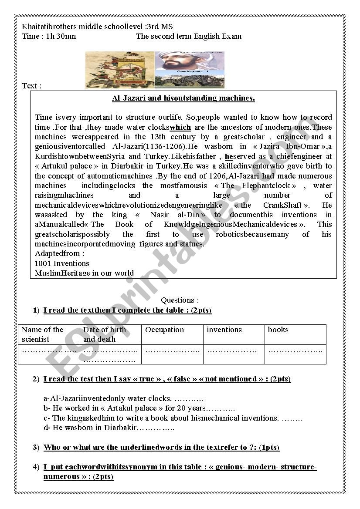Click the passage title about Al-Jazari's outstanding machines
[x=183, y=98]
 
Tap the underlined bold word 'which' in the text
[x=180, y=127]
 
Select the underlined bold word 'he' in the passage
[x=229, y=156]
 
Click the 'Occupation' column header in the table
[x=165, y=330]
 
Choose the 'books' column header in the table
[x=278, y=330]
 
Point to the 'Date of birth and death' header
[x=104, y=334]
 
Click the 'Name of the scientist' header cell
[x=43, y=334]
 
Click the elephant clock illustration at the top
[x=120, y=70]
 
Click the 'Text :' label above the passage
[x=32, y=86]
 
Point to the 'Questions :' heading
[x=180, y=300]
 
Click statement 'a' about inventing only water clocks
[x=123, y=398]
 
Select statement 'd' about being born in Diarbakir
[x=109, y=428]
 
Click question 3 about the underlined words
[x=161, y=447]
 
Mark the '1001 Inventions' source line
[x=62, y=263]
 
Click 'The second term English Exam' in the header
[x=189, y=36]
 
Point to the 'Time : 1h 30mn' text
[x=49, y=36]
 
